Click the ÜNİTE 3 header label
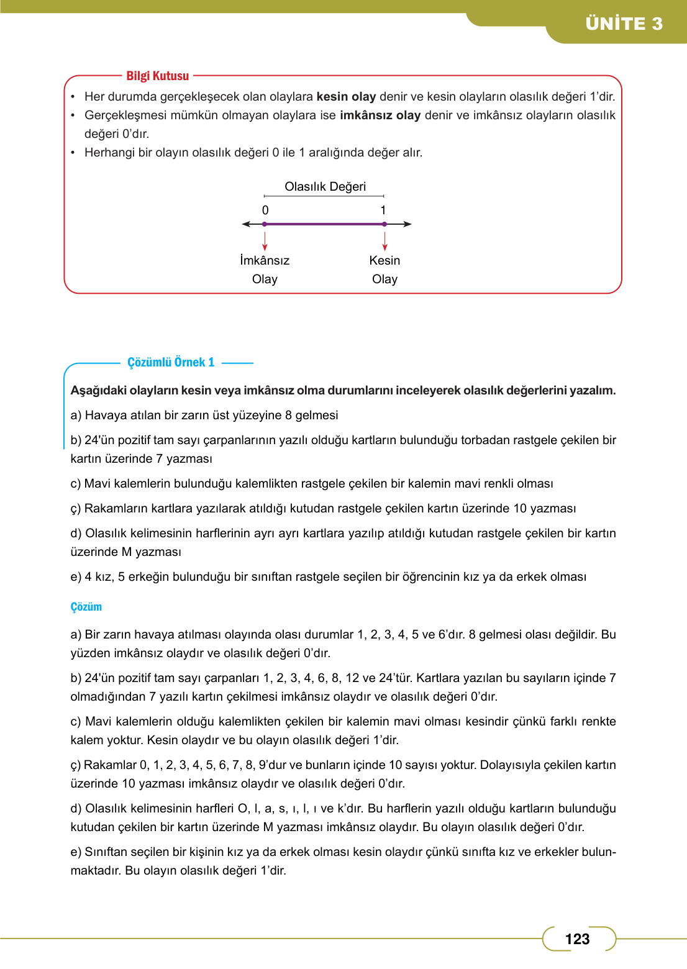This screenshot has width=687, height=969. pyautogui.click(x=624, y=24)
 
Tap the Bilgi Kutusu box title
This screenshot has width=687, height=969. pyautogui.click(x=157, y=76)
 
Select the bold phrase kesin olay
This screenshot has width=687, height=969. pyautogui.click(x=346, y=96)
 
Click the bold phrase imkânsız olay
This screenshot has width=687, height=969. pyautogui.click(x=380, y=115)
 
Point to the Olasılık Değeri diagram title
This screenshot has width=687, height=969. pyautogui.click(x=325, y=186)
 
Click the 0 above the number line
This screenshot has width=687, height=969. pyautogui.click(x=265, y=210)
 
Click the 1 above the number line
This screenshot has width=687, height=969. pyautogui.click(x=383, y=210)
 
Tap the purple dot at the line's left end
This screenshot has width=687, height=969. pyautogui.click(x=265, y=224)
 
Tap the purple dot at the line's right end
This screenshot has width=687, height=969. pyautogui.click(x=384, y=224)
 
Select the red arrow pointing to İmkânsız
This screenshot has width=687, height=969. pyautogui.click(x=265, y=241)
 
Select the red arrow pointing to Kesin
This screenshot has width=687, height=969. pyautogui.click(x=385, y=241)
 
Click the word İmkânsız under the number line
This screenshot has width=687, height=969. pyautogui.click(x=265, y=260)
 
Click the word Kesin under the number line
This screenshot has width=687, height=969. pyautogui.click(x=384, y=260)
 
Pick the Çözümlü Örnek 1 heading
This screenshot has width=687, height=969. pyautogui.click(x=171, y=362)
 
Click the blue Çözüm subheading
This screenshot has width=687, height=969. pyautogui.click(x=86, y=607)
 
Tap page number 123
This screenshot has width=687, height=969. pyautogui.click(x=577, y=939)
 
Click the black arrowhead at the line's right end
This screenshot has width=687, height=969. pyautogui.click(x=407, y=224)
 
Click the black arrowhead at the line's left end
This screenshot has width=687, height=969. pyautogui.click(x=246, y=224)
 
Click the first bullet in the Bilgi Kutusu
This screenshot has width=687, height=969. pyautogui.click(x=73, y=97)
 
